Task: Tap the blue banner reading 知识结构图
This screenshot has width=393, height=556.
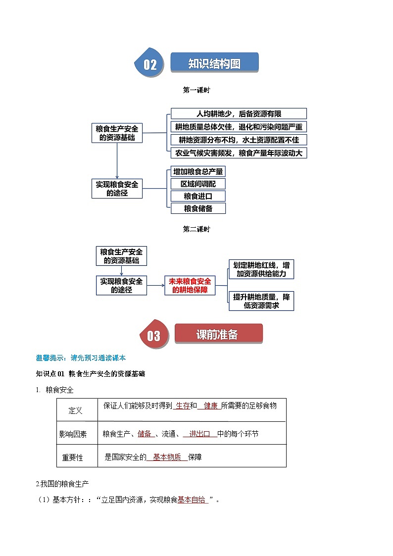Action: pos(215,63)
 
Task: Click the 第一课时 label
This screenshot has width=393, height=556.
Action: pos(196,90)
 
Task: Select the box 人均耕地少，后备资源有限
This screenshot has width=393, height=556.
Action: pos(239,113)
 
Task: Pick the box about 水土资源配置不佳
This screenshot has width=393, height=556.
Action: pos(239,140)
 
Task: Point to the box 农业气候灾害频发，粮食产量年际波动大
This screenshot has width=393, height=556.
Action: pos(239,153)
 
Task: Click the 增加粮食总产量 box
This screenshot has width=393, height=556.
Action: pos(198,171)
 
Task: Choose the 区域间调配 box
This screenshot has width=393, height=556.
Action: pos(198,184)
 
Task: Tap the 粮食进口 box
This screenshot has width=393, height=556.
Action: pos(198,196)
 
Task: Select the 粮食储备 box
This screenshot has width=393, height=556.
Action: pos(198,208)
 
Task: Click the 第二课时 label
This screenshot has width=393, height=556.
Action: pos(196,229)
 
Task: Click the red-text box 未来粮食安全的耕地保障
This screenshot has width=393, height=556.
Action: pos(190,286)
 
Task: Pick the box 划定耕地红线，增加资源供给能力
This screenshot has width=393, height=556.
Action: pos(261,269)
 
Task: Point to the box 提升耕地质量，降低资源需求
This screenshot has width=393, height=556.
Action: pos(261,301)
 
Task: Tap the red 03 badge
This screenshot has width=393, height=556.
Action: pos(153,336)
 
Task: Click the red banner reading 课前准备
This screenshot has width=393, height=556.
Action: pos(217,335)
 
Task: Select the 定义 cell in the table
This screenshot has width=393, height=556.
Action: pos(76,411)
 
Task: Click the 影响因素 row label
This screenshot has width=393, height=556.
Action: pos(73,434)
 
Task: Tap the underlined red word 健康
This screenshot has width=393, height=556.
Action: pos(210,405)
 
